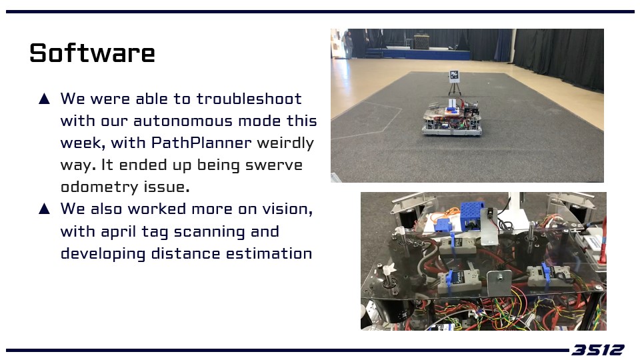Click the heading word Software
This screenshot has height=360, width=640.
tap(92, 53)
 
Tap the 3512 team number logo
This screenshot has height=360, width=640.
tap(597, 350)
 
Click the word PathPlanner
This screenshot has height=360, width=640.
tap(201, 143)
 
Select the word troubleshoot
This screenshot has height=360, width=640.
tap(249, 99)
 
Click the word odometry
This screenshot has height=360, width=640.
tap(99, 187)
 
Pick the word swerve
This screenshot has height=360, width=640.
tap(274, 165)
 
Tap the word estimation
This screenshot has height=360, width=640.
tap(269, 253)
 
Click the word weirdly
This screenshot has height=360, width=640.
tap(285, 143)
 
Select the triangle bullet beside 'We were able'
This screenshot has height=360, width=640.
tap(45, 99)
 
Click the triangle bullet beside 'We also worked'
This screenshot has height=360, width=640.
tap(45, 209)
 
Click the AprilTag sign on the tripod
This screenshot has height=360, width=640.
tap(454, 75)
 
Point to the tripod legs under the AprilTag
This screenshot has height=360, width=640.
tap(455, 88)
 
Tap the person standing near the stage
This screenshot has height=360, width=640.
tap(348, 44)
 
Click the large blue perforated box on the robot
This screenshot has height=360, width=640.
tap(473, 215)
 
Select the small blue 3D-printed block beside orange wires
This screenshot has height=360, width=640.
tap(441, 225)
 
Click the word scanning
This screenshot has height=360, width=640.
tap(210, 231)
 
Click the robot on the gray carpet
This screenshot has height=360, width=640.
tap(451, 117)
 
